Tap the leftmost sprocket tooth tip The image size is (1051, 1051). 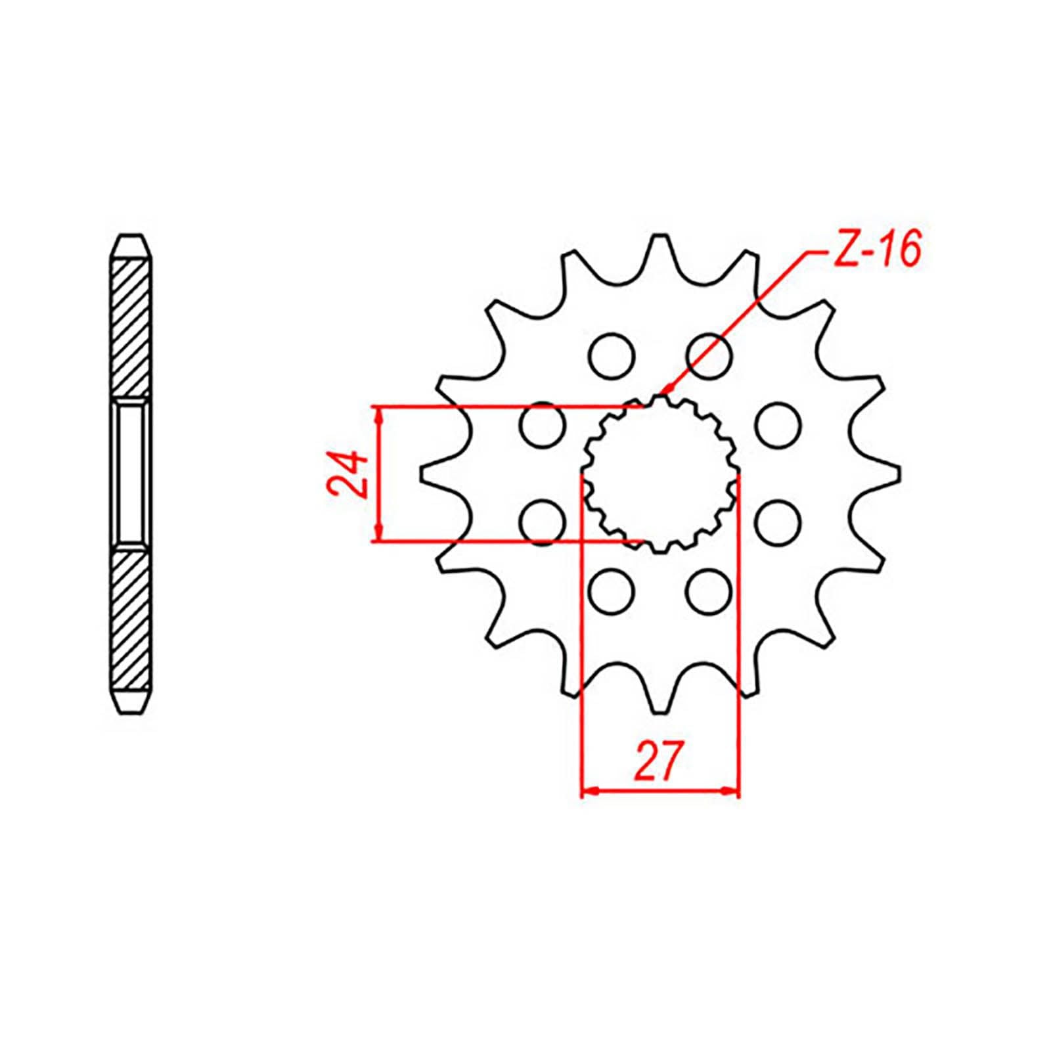coord(424,474)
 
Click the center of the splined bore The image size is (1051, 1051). coord(660,474)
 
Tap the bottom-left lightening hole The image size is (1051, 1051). coord(612,592)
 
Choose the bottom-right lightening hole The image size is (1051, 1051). coord(709,592)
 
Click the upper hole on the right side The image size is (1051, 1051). coord(778,426)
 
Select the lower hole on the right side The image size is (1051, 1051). coord(778,523)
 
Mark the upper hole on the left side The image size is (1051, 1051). coord(542,426)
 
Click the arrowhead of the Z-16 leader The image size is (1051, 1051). coord(665,392)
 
